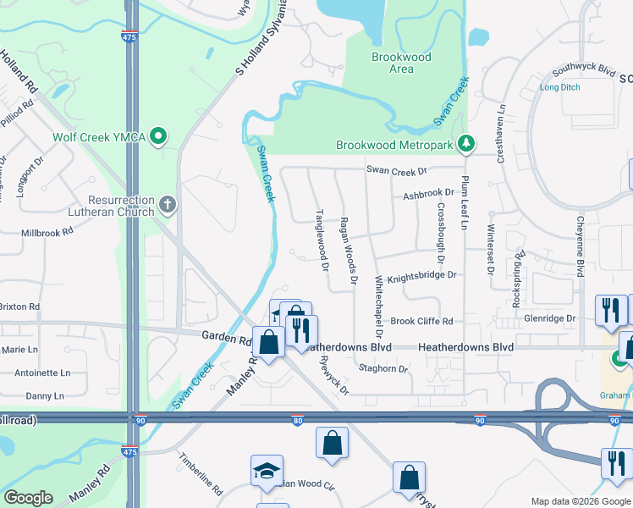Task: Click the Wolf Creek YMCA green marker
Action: (x=158, y=136)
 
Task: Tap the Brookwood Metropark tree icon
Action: (x=465, y=145)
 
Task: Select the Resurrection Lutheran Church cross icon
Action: (x=168, y=203)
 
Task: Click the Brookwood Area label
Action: (x=401, y=63)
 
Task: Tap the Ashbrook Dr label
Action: (x=428, y=193)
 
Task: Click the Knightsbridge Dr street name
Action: (x=421, y=275)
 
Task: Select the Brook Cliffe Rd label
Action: (x=422, y=321)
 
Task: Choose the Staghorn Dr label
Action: (x=383, y=369)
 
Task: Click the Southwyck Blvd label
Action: (x=582, y=72)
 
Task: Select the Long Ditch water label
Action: (x=560, y=87)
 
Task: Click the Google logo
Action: (x=28, y=498)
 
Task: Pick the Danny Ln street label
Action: (x=45, y=395)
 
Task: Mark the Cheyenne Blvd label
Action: (x=580, y=245)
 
